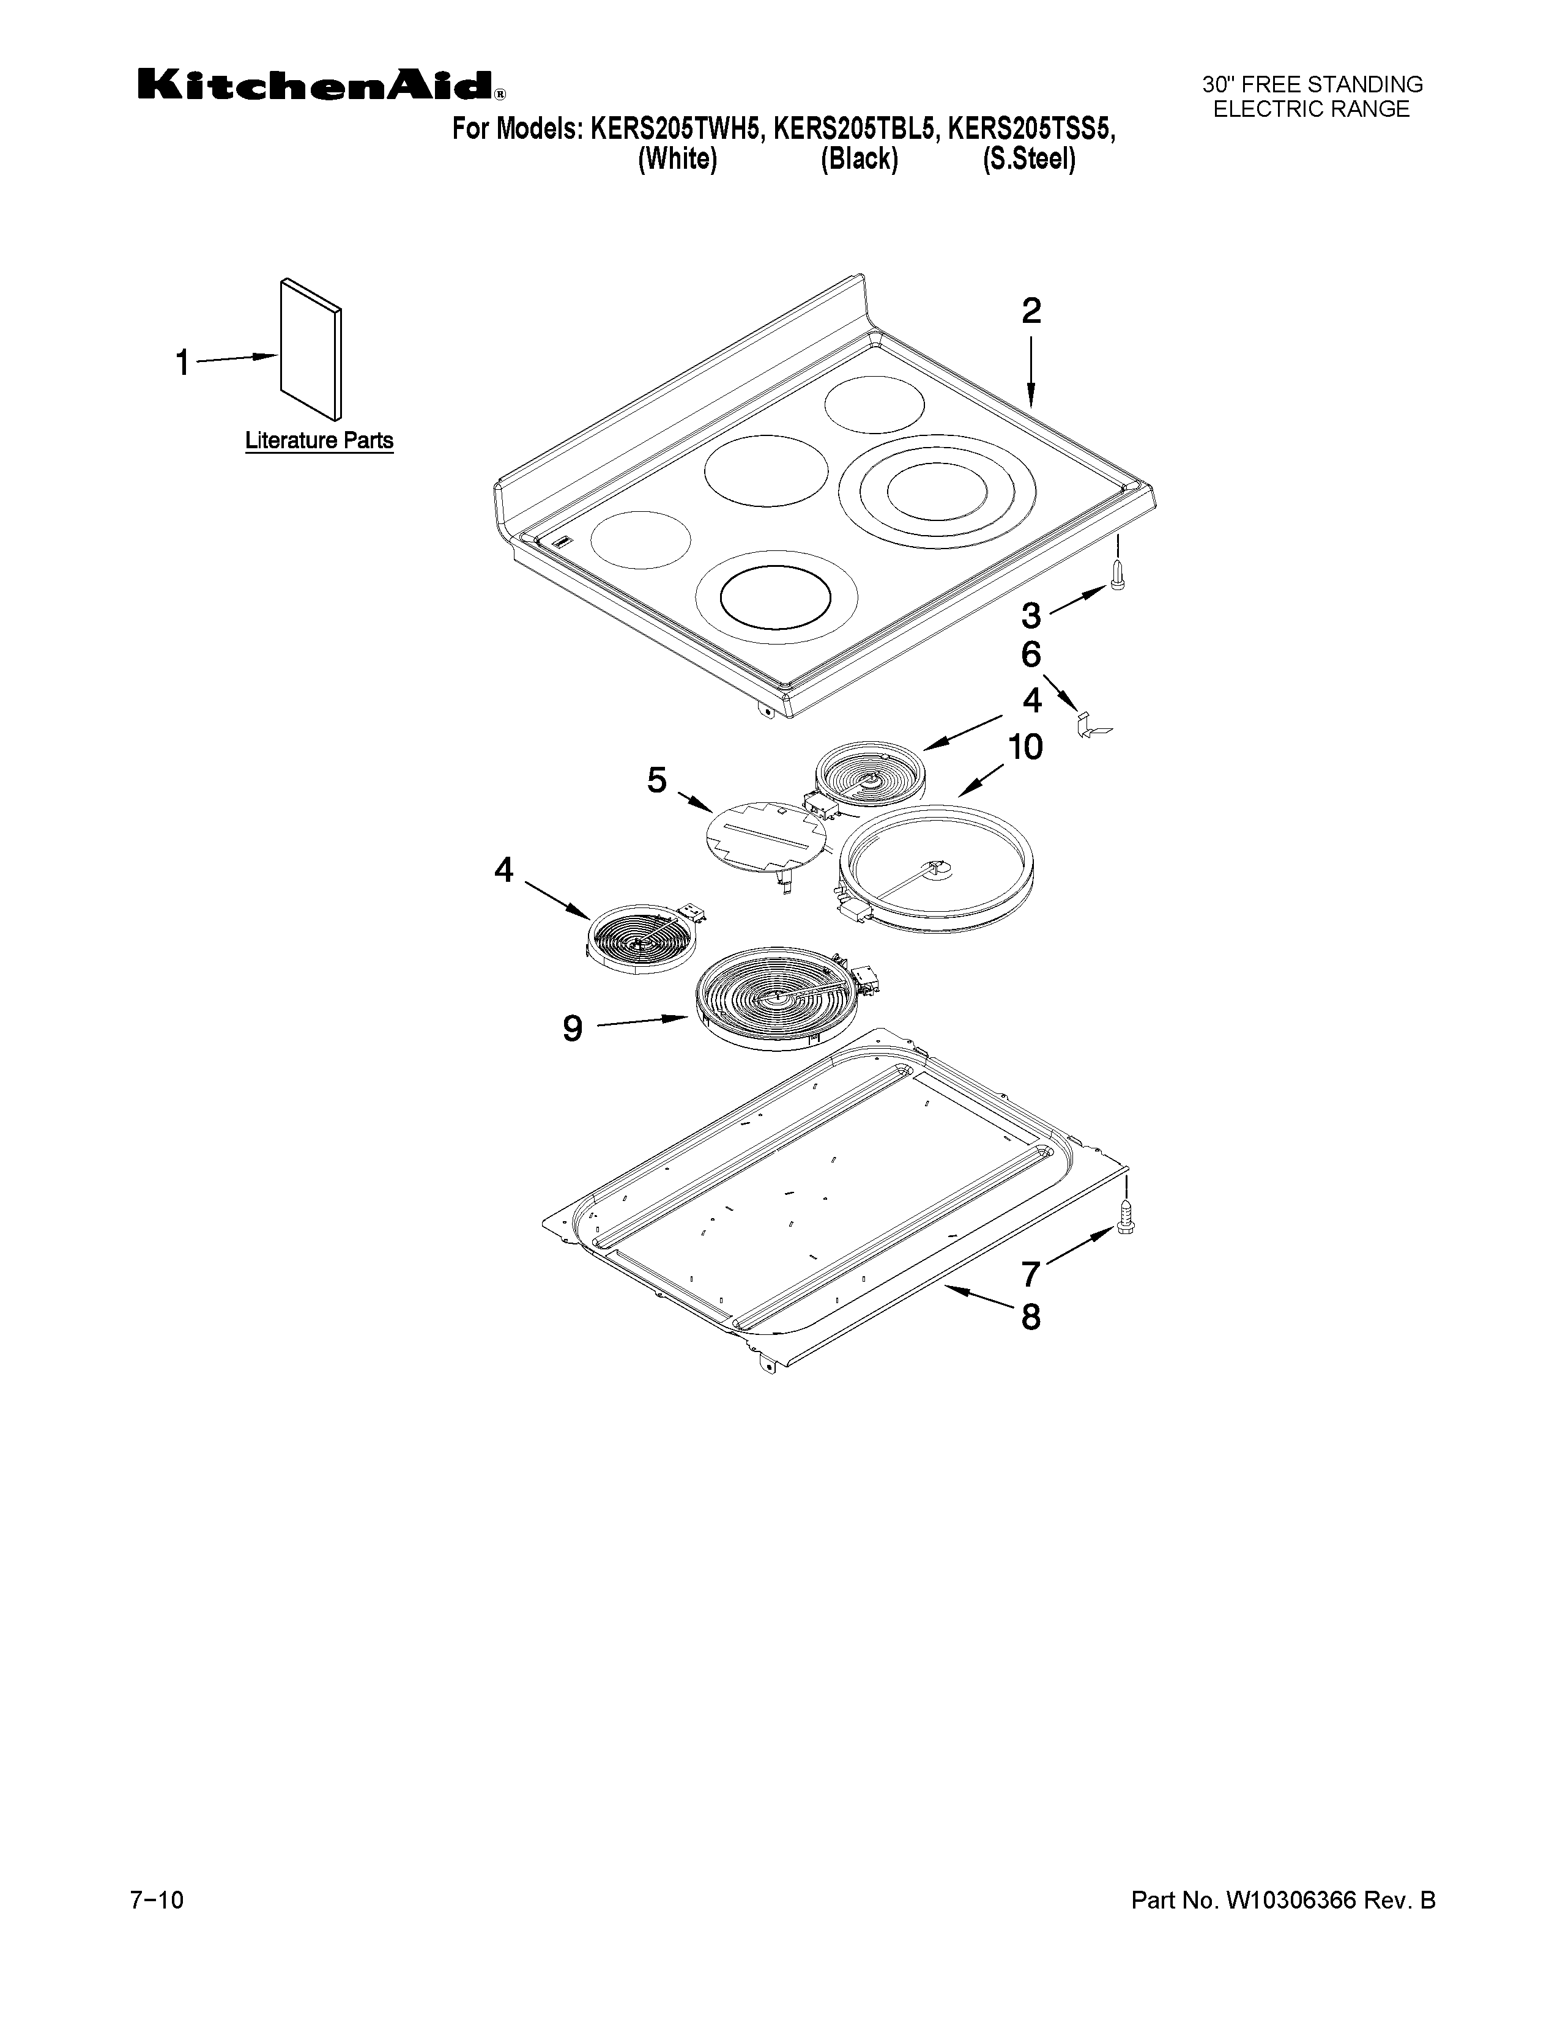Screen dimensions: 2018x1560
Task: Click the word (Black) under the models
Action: coord(858,160)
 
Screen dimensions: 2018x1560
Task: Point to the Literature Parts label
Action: coord(319,441)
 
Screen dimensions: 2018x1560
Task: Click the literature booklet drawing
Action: coord(311,349)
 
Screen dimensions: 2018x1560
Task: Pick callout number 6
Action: coord(1030,655)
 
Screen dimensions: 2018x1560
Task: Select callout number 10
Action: coord(1024,747)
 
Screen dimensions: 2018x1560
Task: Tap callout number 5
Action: coord(656,781)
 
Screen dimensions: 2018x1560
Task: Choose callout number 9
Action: coord(573,1027)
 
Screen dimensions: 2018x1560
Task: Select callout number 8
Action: coord(1030,1317)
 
